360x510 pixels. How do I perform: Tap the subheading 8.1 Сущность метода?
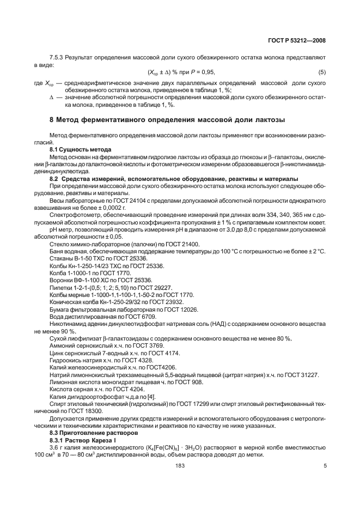(81, 149)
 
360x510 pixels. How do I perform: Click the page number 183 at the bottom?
(180, 465)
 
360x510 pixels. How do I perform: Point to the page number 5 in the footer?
(325, 465)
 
